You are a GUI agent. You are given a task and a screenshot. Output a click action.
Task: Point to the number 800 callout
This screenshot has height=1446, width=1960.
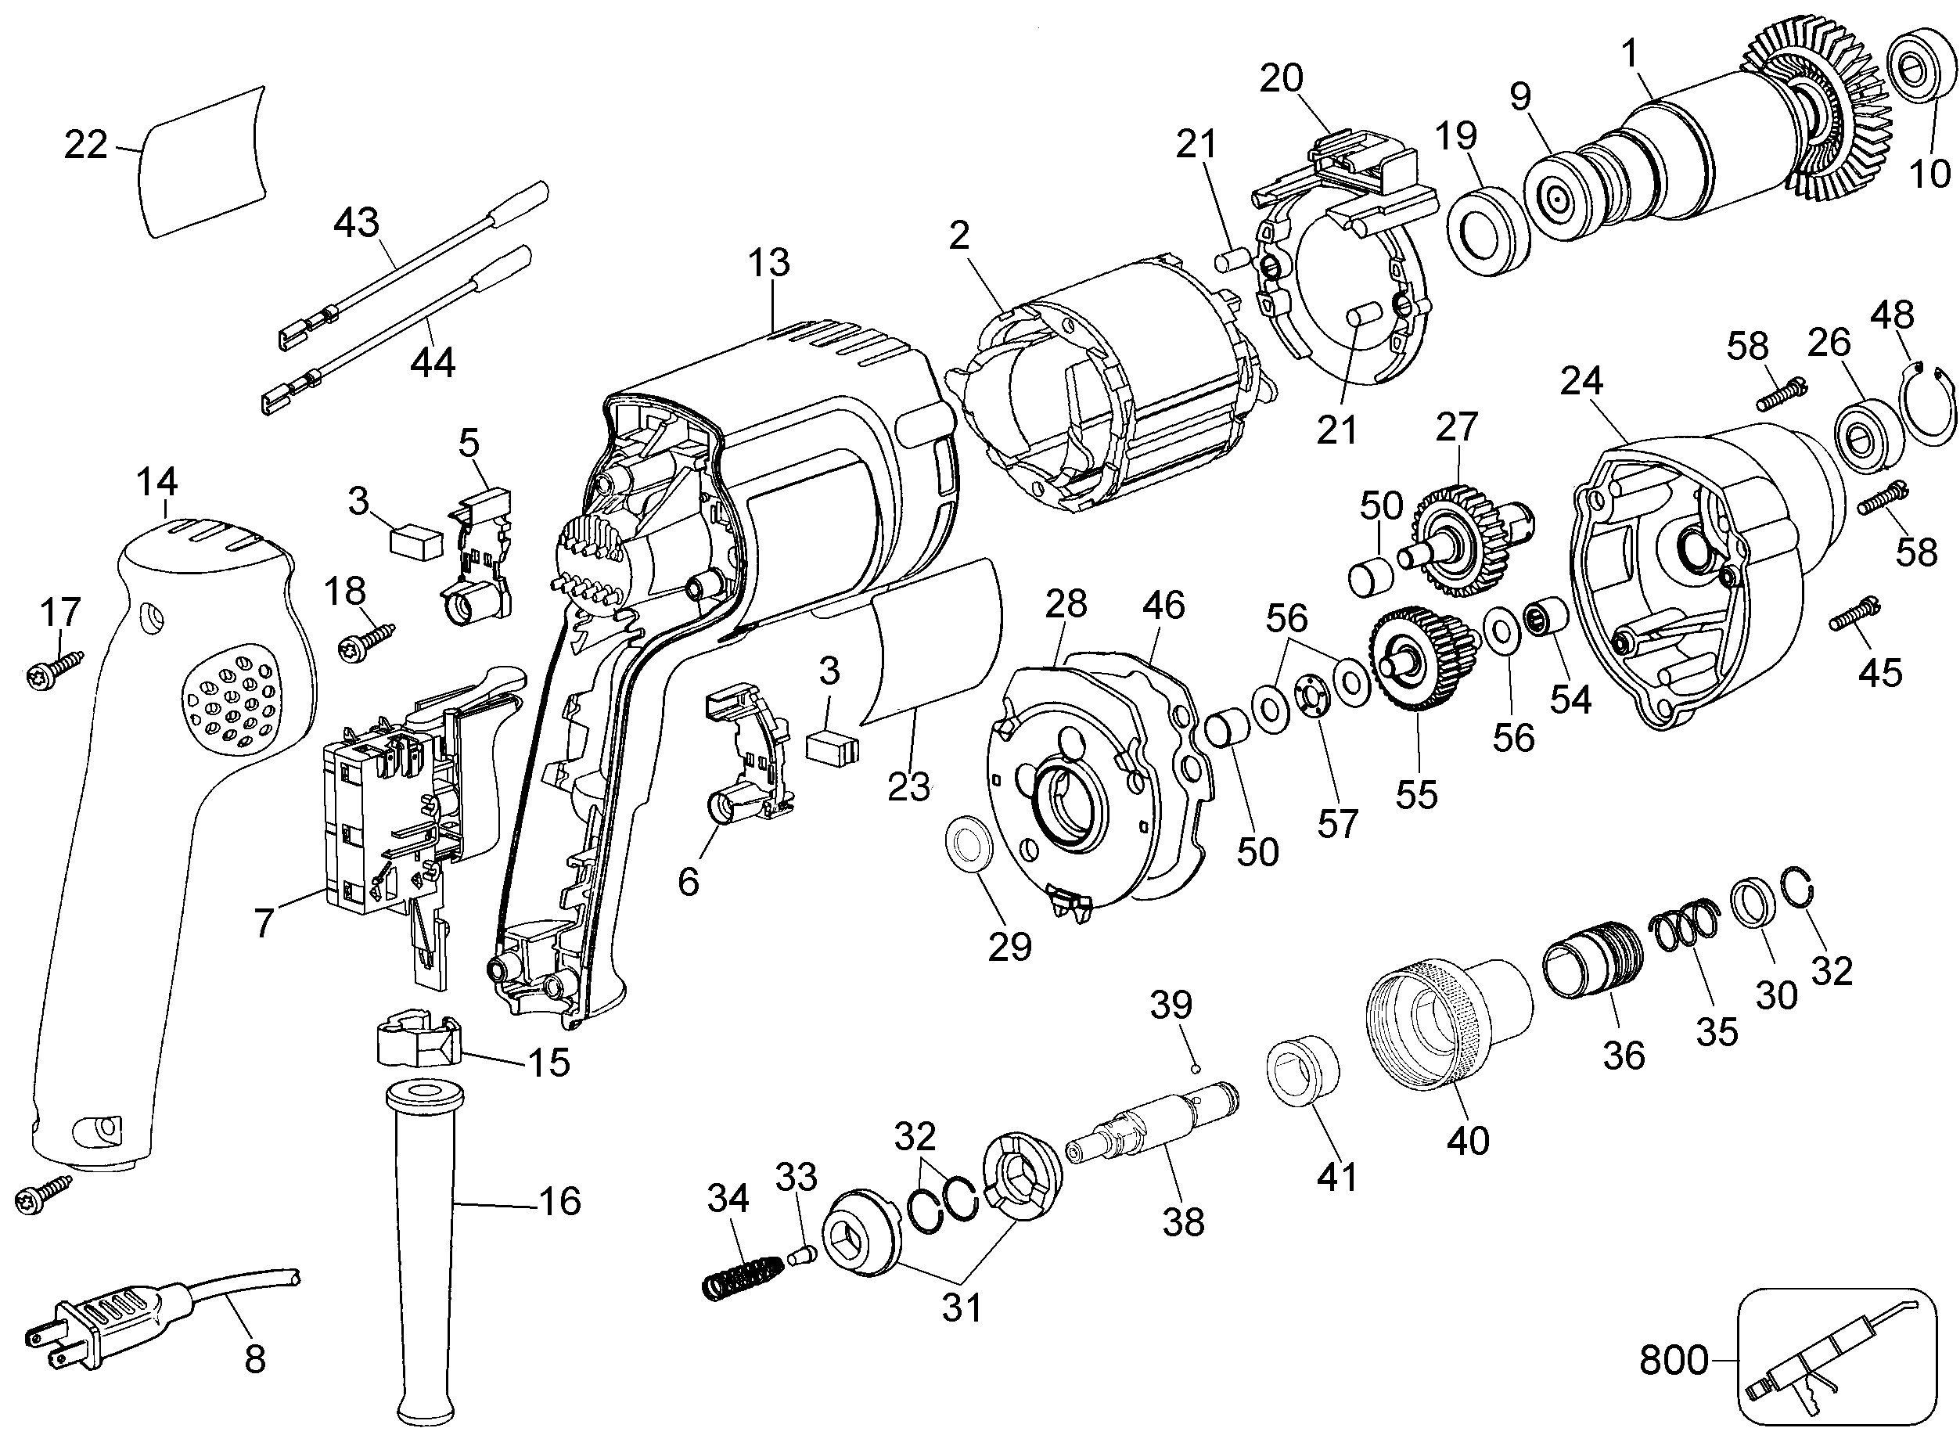click(x=1673, y=1360)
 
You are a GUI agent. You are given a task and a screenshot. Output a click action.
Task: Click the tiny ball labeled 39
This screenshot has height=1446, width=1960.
click(x=1196, y=1068)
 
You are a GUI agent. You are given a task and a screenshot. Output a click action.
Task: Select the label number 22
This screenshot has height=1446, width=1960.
click(x=86, y=145)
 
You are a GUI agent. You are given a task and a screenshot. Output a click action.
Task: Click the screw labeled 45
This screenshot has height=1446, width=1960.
click(x=1854, y=615)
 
